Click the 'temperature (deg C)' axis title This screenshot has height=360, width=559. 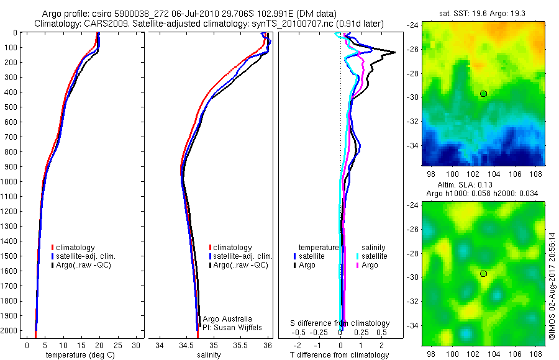78,355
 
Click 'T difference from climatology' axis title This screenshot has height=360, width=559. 340,355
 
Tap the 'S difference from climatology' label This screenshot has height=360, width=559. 340,323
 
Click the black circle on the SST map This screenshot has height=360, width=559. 483,94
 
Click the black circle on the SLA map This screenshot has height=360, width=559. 483,273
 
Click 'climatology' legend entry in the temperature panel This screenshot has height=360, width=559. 78,248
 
